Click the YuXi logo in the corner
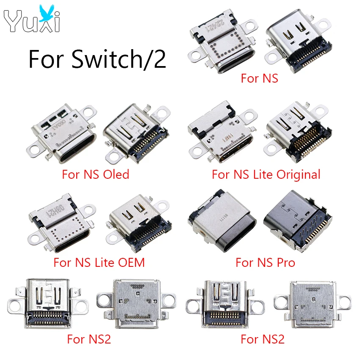32,19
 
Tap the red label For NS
259,78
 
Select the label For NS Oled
95,174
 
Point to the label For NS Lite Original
266,174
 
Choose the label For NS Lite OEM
99,262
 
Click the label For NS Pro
265,262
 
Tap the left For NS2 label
89,339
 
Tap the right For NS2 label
263,339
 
